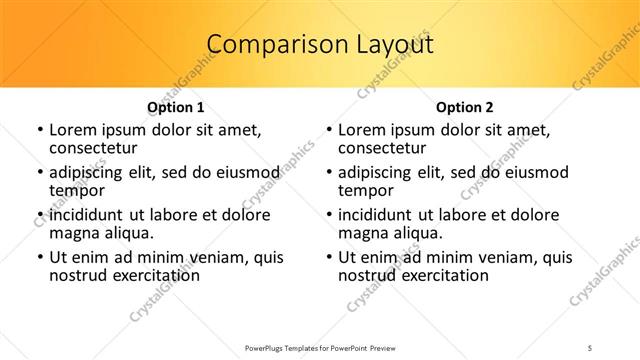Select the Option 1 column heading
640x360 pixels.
(176, 107)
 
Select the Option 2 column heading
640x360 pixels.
(465, 107)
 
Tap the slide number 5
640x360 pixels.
(591, 349)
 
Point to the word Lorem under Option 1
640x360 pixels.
(72, 130)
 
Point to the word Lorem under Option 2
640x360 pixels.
(361, 130)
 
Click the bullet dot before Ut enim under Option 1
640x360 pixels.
(39, 257)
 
